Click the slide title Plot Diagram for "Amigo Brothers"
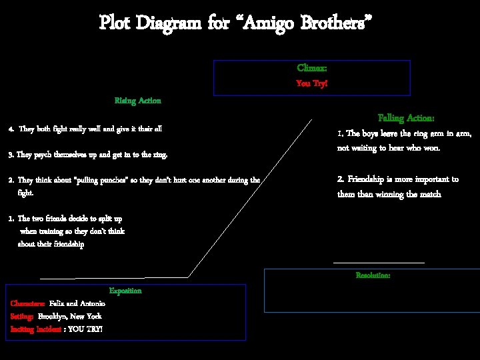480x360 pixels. [235, 23]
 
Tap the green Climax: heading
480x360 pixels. [311, 69]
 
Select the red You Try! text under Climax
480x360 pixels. [311, 84]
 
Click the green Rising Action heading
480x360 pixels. [137, 101]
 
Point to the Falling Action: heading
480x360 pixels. [406, 118]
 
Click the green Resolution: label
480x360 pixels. [373, 275]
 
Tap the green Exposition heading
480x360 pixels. [125, 291]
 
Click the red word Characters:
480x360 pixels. [28, 303]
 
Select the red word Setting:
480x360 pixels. [22, 316]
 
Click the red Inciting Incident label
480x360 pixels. [35, 329]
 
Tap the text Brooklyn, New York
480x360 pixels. [69, 316]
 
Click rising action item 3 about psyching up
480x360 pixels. [87, 155]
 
